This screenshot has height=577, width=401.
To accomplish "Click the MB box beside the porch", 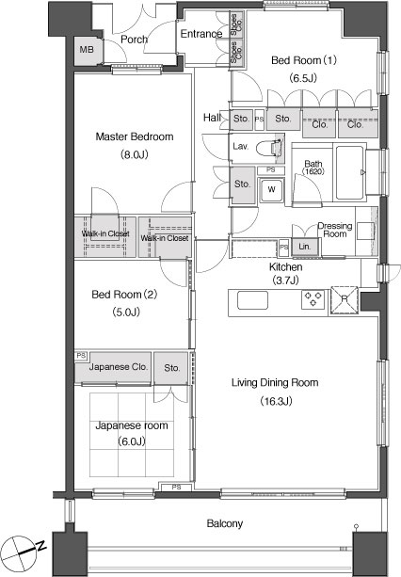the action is coord(87,50).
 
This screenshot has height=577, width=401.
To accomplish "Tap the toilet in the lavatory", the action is coord(268,149).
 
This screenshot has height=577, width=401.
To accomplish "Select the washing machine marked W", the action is coord(271,190).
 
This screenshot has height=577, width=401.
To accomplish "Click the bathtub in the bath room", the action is coord(349,172).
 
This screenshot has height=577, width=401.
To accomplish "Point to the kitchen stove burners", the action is coord(313,298).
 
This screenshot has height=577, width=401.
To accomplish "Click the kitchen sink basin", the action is coord(252,300).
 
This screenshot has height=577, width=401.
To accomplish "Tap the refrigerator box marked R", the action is coord(344,300).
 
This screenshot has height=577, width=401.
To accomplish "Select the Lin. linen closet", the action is coord(304,247).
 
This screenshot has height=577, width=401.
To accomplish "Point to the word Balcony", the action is coord(224,523).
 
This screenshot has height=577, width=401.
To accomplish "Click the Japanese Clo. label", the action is coord(118,367).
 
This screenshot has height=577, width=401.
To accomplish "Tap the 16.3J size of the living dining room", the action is coord(276,401).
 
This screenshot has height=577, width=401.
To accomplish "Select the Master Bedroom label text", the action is coord(135,136).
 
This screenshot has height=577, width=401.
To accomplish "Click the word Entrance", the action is coord(201,34).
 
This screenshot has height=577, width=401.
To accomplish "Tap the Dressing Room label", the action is coord(334,230).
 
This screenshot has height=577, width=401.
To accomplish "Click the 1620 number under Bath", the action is coord(313,171).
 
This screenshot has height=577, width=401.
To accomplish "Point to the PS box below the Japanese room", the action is coord(176,487).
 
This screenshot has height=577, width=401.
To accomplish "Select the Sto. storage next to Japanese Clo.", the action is coord(172,368).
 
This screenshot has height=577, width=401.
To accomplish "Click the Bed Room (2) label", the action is coord(124,295).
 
